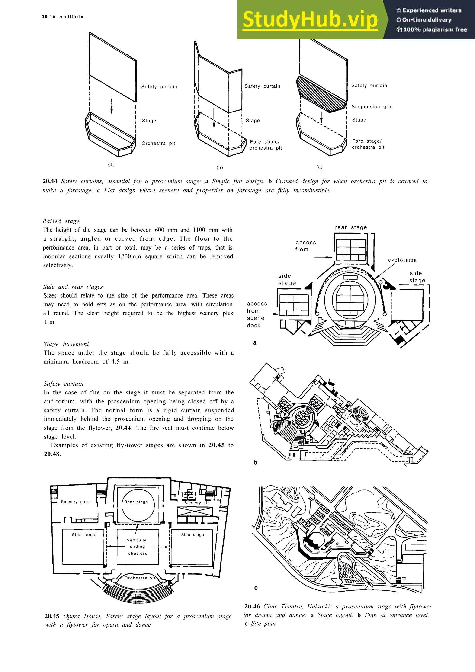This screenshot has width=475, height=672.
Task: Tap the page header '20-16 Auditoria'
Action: tap(63, 17)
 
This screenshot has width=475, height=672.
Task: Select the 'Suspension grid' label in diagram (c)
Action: tap(372, 107)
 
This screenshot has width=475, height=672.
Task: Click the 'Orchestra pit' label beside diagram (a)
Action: tap(158, 143)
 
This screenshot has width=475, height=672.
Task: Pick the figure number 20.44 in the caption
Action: tap(50, 182)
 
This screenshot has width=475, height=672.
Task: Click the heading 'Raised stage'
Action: tap(61, 221)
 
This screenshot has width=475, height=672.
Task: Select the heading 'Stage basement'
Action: tap(66, 344)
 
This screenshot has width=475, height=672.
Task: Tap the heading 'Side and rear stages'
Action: tap(73, 287)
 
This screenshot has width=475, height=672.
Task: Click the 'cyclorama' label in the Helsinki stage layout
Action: tap(402, 260)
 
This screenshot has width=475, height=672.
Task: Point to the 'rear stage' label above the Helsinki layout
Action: tap(351, 227)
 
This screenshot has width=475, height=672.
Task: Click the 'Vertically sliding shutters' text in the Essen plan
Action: tap(138, 547)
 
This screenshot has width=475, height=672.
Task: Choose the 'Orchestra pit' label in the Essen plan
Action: tap(140, 578)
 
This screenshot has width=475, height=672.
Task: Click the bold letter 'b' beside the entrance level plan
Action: tap(255, 462)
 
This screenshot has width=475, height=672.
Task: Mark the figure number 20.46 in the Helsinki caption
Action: tap(252, 607)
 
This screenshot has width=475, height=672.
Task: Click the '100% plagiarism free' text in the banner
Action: tap(435, 29)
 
